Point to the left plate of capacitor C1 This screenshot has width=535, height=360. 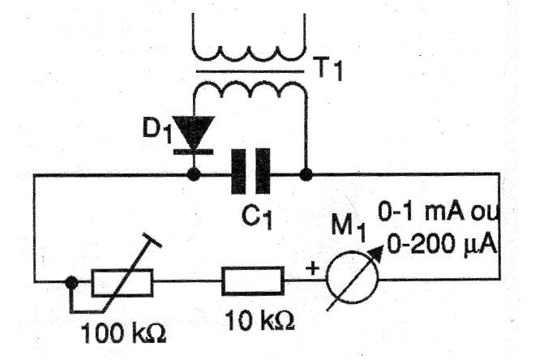point(238,172)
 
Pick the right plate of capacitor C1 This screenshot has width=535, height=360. point(263,172)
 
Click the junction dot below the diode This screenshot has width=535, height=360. point(195,175)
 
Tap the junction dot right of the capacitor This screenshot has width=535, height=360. point(306,175)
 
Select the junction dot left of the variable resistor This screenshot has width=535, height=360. point(71,282)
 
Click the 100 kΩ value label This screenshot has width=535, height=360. point(123,332)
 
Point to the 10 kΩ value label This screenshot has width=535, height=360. point(259,321)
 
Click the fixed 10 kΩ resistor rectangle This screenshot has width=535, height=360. point(253,281)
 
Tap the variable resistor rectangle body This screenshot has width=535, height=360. point(122,282)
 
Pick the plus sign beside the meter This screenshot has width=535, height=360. point(313,268)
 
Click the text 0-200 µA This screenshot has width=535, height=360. point(442,244)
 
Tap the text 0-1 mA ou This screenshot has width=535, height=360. point(439,212)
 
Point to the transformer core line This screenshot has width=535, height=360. point(250,72)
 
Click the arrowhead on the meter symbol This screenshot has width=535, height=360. point(376,252)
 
